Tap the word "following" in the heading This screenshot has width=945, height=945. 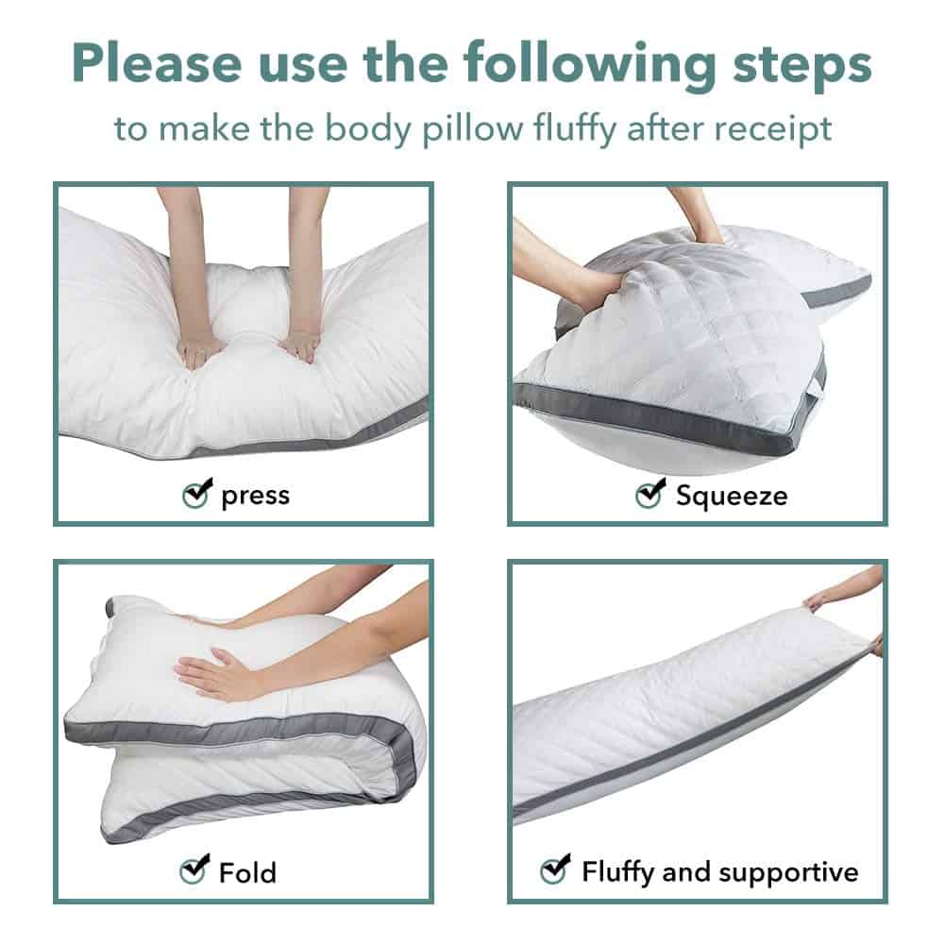pyautogui.click(x=590, y=66)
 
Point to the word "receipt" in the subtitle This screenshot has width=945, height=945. pyautogui.click(x=772, y=129)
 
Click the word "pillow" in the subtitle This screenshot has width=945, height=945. pyautogui.click(x=472, y=129)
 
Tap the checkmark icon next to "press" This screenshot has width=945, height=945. pyautogui.click(x=197, y=493)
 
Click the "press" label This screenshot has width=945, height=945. pyautogui.click(x=256, y=496)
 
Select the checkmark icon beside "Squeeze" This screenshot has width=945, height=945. pyautogui.click(x=650, y=493)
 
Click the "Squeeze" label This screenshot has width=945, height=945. pyautogui.click(x=731, y=496)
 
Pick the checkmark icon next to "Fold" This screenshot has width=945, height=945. pyautogui.click(x=194, y=869)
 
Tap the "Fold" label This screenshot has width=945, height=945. pyautogui.click(x=247, y=872)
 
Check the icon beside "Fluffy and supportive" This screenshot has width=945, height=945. pyautogui.click(x=555, y=869)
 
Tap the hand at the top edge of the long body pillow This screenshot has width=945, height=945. pyautogui.click(x=821, y=600)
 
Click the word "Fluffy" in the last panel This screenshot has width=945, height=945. pyautogui.click(x=618, y=872)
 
